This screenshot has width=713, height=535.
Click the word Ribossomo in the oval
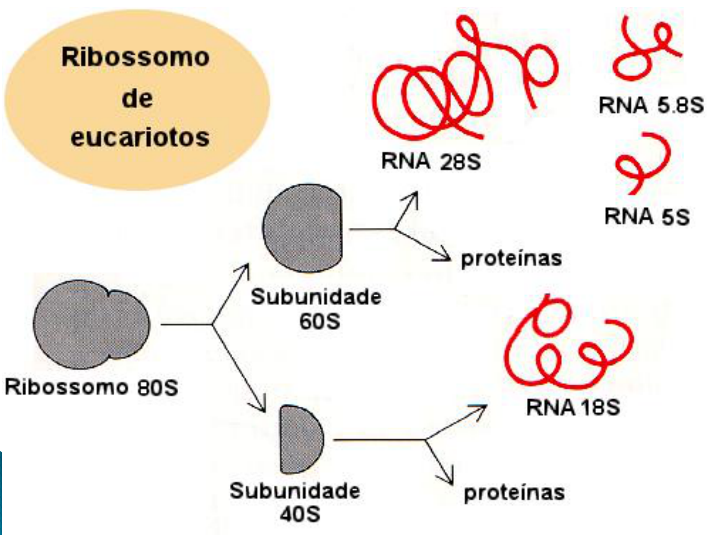click(x=135, y=57)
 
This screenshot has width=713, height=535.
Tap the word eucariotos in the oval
click(x=140, y=137)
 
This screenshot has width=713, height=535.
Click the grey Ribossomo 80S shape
click(x=89, y=325)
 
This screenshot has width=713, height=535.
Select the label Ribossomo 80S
click(x=92, y=387)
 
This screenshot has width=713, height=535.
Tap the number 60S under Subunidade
click(x=319, y=321)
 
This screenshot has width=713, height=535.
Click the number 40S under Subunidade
click(x=300, y=514)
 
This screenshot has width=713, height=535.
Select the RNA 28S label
click(x=431, y=161)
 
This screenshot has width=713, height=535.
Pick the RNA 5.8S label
click(x=651, y=105)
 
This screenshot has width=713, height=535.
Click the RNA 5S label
click(x=647, y=216)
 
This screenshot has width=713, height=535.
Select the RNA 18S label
click(x=573, y=408)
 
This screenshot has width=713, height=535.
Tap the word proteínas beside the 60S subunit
click(x=511, y=258)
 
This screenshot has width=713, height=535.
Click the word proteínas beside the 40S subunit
click(x=514, y=492)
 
